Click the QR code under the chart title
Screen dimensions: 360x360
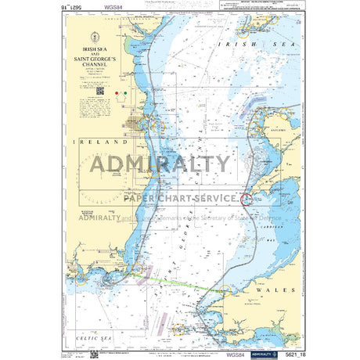pos(100,92)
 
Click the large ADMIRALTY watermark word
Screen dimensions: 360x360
pos(160,165)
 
